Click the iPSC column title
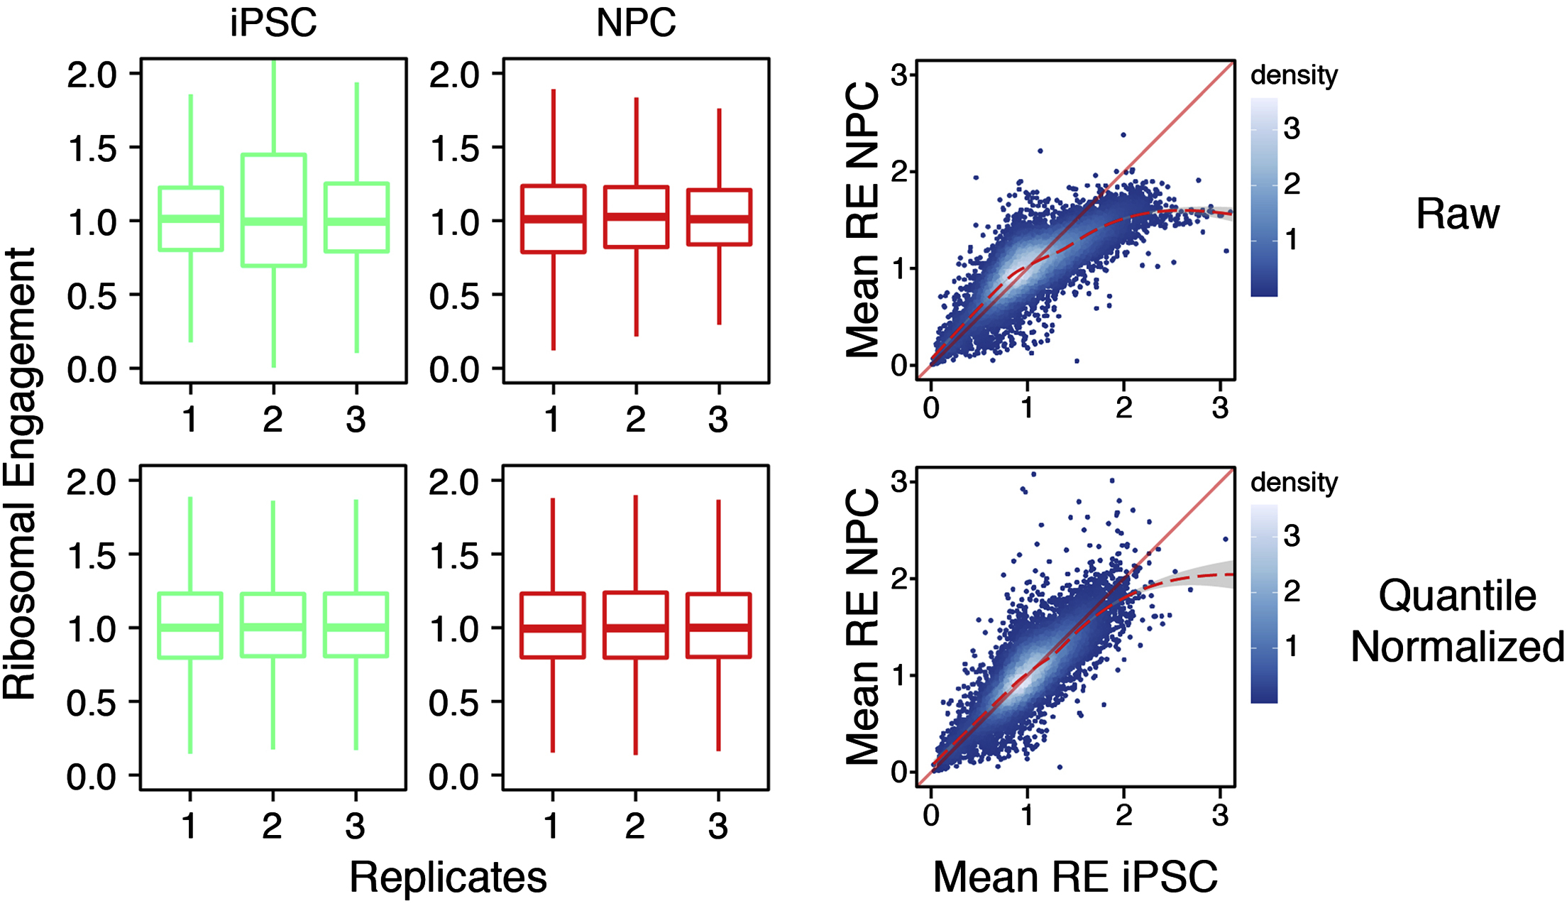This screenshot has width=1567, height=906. (273, 23)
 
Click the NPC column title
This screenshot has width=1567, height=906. (636, 23)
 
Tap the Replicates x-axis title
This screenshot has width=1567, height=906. (448, 877)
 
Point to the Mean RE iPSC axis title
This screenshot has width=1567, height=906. (1074, 877)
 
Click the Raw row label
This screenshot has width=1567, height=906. (1458, 214)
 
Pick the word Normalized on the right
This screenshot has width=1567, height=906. (1458, 647)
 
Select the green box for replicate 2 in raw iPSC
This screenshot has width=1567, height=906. (274, 210)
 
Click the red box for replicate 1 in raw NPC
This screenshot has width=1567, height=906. (554, 219)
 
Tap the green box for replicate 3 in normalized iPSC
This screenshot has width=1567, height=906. (356, 625)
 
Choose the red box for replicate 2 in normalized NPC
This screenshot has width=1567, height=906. (636, 626)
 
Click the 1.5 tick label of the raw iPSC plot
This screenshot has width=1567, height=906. (92, 148)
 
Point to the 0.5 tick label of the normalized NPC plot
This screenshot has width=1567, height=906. (454, 703)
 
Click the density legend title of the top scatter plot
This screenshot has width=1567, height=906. (1294, 75)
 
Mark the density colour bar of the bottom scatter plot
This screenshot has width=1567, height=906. (1264, 604)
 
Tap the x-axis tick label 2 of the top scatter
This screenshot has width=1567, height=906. (1123, 408)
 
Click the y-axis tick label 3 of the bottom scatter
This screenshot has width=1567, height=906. (899, 482)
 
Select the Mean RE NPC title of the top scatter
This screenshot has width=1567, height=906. (863, 220)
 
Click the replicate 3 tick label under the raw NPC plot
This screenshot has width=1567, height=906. (718, 420)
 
